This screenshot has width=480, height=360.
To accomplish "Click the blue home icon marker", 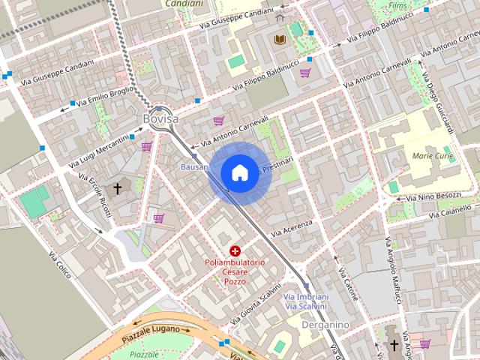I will tap(239, 173).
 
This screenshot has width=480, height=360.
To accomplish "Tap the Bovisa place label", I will tap(160, 118).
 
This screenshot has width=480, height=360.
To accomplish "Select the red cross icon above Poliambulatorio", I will tap(235, 250).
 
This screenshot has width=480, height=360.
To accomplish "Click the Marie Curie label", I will tap(433, 155).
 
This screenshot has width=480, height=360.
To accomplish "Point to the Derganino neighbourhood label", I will tap(325, 325).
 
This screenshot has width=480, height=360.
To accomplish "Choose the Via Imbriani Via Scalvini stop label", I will tap(305, 301).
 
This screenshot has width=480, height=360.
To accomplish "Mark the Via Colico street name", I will tap(60, 265).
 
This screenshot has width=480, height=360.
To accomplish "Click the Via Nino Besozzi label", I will tap(433, 196).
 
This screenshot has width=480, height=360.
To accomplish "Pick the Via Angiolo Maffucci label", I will tap(393, 270).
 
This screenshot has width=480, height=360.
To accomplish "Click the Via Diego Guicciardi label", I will tap(439, 105).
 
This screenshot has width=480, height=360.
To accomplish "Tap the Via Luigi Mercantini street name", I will tap(99, 151).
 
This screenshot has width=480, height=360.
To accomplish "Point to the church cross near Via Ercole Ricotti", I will tap(117, 188).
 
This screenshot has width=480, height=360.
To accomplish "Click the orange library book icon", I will tap(280, 39).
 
